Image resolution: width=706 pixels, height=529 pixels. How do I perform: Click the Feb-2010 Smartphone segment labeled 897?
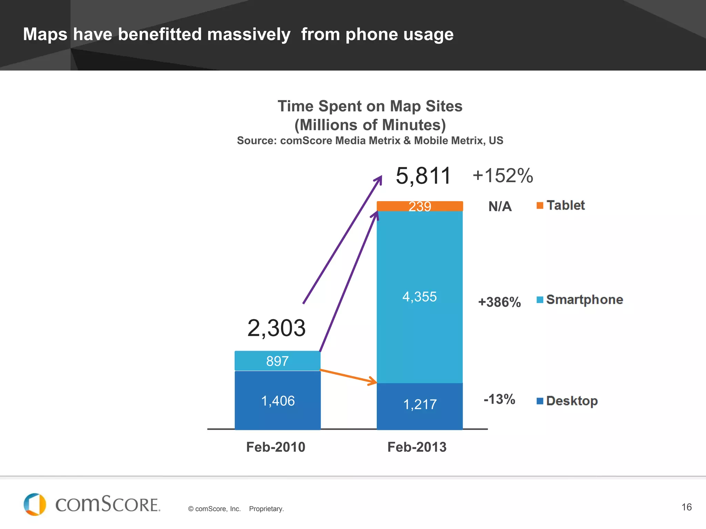[278, 361]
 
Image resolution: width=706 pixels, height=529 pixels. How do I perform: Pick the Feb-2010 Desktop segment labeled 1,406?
[278, 401]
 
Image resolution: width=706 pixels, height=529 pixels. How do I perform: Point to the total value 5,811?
[423, 176]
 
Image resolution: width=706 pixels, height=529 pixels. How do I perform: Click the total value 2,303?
[276, 328]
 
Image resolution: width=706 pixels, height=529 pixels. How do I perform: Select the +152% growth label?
[503, 176]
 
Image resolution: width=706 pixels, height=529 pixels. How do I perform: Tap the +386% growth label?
[499, 302]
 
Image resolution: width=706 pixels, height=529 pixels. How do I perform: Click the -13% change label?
[499, 400]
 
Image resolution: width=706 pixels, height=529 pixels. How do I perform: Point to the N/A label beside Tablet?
[500, 207]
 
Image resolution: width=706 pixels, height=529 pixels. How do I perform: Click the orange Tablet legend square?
[540, 206]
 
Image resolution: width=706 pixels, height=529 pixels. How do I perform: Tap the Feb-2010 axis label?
[276, 447]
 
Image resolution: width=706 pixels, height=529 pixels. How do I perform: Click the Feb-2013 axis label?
[417, 447]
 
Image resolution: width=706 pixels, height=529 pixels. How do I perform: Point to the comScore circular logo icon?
[34, 505]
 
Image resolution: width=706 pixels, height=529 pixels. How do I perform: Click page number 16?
[686, 507]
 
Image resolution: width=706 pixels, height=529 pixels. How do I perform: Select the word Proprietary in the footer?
[266, 509]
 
